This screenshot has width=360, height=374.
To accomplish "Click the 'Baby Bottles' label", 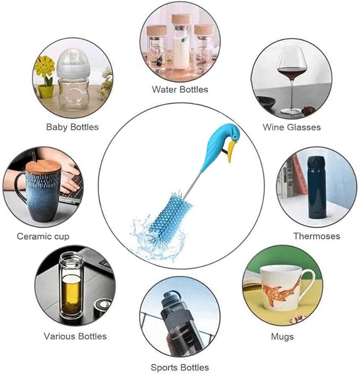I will [x=72, y=127].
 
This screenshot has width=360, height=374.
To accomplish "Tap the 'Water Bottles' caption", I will [x=180, y=89].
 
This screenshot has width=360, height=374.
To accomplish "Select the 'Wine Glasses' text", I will [x=292, y=127].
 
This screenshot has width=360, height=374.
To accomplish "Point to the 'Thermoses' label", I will [x=317, y=236].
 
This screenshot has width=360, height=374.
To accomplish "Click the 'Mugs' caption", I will [x=282, y=336].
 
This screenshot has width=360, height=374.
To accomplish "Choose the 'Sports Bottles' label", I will [x=180, y=367].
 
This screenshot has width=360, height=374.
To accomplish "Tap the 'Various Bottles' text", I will [x=75, y=336].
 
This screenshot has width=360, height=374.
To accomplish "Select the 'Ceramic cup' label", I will [x=43, y=236].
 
